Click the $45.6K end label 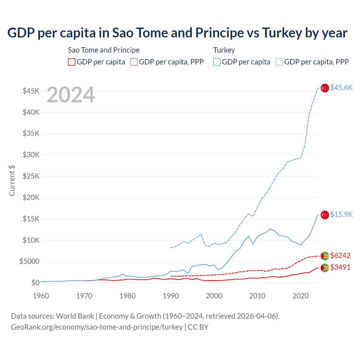pos(341,88)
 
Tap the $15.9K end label pos(341,215)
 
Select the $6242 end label pos(340,255)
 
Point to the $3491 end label pos(340,267)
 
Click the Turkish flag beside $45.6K pos(325,88)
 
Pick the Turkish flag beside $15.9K pos(325,215)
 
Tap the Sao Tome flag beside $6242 pos(325,256)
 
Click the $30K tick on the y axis pos(31,155)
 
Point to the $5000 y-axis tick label pos(30,262)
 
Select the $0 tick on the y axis pos(35,283)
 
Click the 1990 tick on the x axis pos(171,296)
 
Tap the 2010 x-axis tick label pos(257,296)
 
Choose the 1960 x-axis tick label pos(41,296)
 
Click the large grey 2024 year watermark pos(71,95)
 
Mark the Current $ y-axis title pos(12,181)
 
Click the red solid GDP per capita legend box pos(72,62)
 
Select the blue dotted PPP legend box pos(279,62)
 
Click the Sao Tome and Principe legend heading pos(104,50)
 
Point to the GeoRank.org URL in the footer pos(97,327)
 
